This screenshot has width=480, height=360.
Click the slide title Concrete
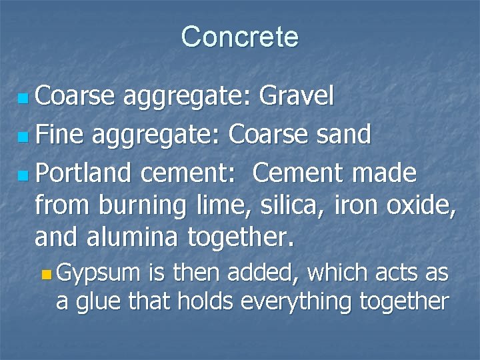(x=239, y=37)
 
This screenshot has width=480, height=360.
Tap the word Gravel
(x=296, y=97)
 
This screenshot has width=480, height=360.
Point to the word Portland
(x=83, y=174)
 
